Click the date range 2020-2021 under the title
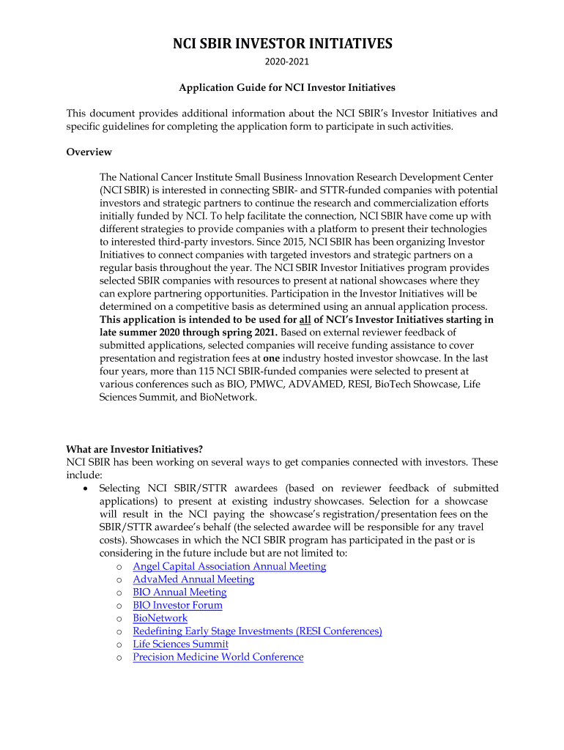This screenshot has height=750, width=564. click(282, 63)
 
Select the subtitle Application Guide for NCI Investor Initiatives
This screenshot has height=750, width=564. click(287, 88)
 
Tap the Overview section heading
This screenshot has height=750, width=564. click(89, 152)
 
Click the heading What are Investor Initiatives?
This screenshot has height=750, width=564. click(134, 449)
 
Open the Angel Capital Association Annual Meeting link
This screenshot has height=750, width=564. click(229, 566)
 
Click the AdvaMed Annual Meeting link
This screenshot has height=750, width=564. click(193, 579)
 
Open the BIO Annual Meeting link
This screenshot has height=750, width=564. click(179, 592)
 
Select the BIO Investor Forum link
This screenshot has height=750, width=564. click(177, 605)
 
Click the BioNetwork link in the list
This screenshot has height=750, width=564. click(160, 618)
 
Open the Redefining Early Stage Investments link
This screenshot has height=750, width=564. click(257, 631)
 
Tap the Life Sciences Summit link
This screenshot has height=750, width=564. click(180, 644)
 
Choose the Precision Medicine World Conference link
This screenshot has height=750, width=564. click(218, 657)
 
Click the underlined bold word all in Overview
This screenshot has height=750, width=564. click(305, 319)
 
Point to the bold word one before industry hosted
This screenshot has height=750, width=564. click(272, 359)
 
